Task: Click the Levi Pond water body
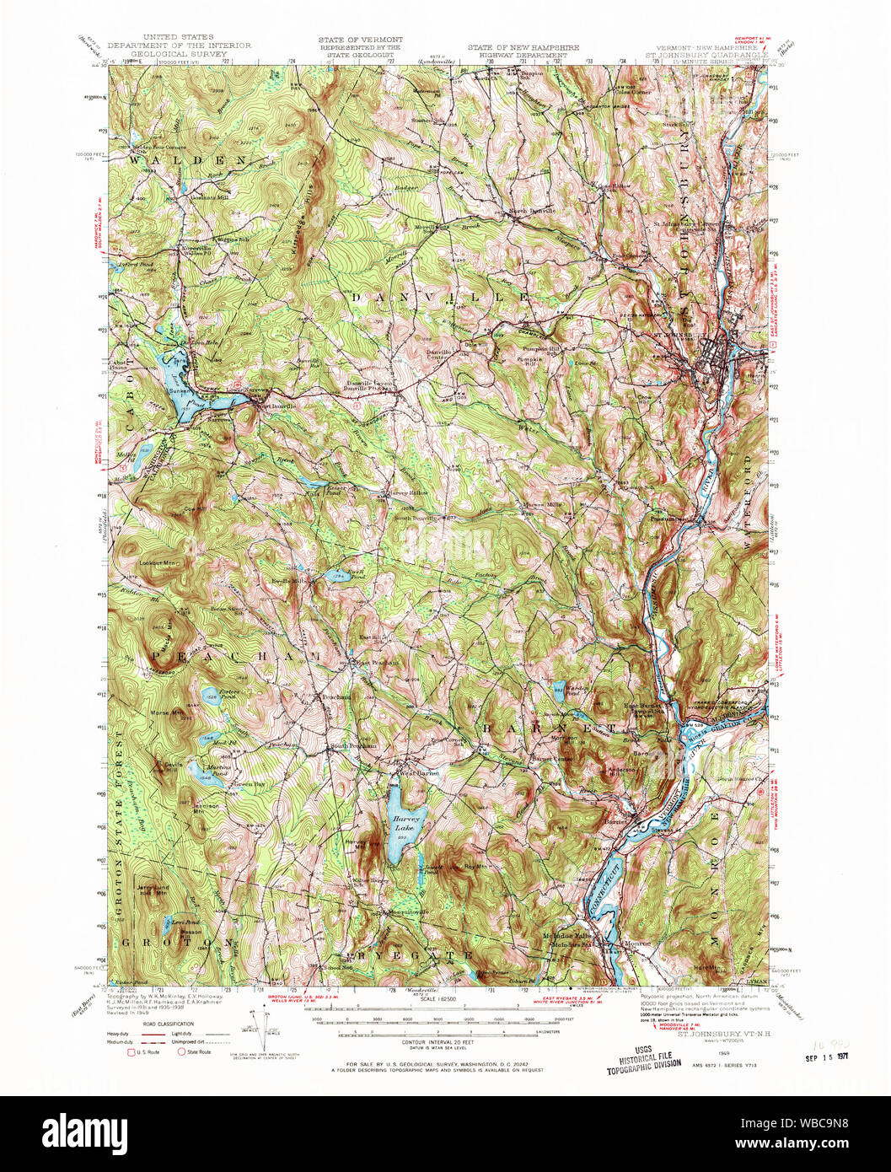tap(179, 925)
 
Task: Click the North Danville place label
tap(530, 211)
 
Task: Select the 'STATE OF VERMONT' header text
tap(360, 40)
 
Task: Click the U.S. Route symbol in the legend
tap(130, 1052)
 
